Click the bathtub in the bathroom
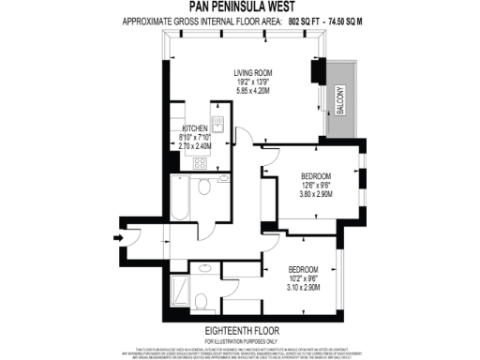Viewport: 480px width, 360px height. point(179,199)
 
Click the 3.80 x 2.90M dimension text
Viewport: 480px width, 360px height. point(317,195)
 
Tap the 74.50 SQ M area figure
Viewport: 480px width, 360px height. point(344,18)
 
